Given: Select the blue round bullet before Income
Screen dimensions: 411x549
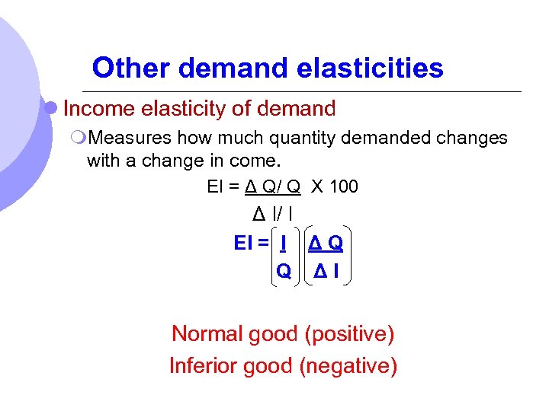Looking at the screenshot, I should coord(51,109).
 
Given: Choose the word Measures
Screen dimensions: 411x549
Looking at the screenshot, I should coord(130,138).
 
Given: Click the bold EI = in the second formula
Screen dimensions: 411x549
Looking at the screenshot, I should coord(252,244).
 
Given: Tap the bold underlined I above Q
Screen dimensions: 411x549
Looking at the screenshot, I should coord(283,244).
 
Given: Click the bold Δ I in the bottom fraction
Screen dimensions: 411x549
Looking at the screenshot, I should coord(326,271).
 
